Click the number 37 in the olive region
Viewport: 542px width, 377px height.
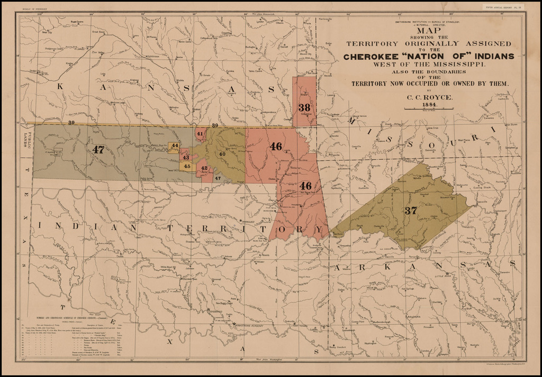(x=411, y=210)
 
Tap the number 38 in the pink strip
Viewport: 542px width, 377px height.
(x=304, y=107)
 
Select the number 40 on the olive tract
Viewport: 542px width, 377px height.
(x=222, y=154)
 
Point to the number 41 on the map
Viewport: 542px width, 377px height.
(x=200, y=134)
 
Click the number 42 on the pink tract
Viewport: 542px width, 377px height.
(x=204, y=168)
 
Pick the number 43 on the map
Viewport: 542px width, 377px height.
(x=185, y=157)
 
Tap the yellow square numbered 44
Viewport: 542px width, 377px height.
(x=175, y=146)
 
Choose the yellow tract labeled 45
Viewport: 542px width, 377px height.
(x=186, y=166)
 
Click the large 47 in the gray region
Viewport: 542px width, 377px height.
(x=98, y=150)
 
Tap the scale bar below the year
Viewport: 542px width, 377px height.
(x=428, y=109)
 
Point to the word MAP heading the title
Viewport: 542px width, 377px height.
(x=428, y=31)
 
